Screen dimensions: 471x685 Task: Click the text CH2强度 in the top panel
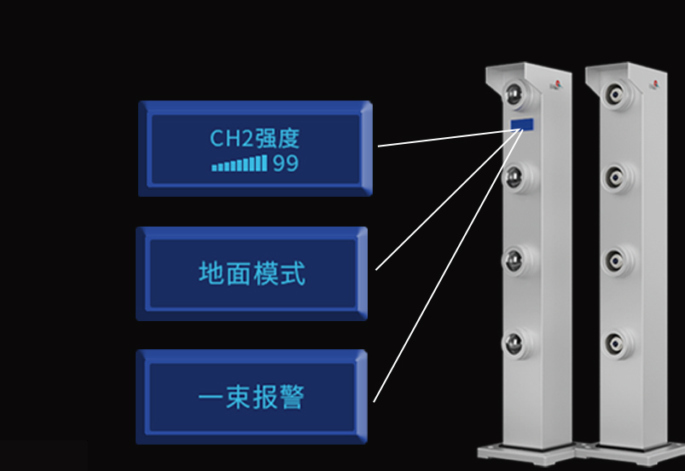click(255, 138)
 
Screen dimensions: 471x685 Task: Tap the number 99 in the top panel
click(286, 164)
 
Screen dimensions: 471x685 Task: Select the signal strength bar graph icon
click(240, 164)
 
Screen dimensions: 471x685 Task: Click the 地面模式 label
click(253, 274)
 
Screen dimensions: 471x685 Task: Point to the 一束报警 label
click(252, 398)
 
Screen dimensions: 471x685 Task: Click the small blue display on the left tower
click(523, 124)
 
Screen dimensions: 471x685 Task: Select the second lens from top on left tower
click(514, 177)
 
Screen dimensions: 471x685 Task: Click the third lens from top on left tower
click(514, 258)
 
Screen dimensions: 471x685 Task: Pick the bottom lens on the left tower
click(514, 342)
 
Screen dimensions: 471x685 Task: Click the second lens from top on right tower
click(616, 177)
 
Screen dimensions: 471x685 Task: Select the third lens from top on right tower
click(616, 258)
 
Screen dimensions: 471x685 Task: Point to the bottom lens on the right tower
click(616, 342)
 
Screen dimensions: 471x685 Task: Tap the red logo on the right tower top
click(655, 83)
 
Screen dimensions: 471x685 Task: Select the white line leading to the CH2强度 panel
click(444, 137)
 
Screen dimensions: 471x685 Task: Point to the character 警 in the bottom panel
click(292, 398)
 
